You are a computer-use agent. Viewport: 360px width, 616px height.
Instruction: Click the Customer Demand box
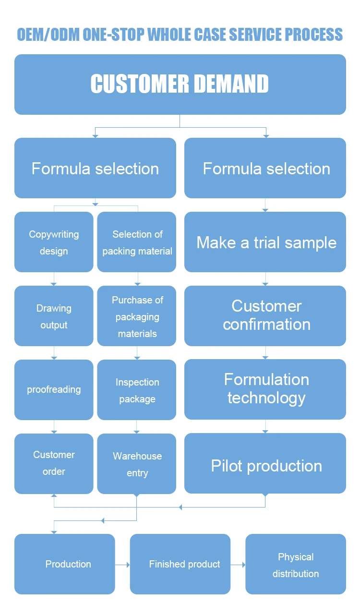(180, 85)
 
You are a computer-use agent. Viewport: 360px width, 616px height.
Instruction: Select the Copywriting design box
(54, 242)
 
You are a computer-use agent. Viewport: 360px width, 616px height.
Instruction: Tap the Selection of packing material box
(137, 242)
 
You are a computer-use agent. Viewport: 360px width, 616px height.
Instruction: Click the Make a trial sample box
(265, 242)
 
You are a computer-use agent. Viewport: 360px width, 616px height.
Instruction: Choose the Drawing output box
(54, 316)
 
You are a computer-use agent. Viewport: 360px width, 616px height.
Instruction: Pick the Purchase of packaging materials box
(137, 316)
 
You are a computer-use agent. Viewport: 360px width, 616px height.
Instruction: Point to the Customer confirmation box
(265, 316)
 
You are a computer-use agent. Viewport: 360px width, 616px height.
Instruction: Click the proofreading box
(54, 389)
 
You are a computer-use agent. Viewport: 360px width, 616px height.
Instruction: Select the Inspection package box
(137, 389)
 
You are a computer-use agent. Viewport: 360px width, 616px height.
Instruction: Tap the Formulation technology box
(265, 389)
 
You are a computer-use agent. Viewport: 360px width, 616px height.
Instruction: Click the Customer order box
(54, 463)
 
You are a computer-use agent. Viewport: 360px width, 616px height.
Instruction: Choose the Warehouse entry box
(137, 463)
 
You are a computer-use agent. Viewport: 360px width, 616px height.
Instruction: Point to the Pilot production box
(265, 463)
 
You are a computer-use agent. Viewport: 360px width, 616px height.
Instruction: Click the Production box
(65, 564)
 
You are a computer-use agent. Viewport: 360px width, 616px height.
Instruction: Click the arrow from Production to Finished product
(122, 565)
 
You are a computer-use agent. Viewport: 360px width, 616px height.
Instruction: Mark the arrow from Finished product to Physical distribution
(238, 565)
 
